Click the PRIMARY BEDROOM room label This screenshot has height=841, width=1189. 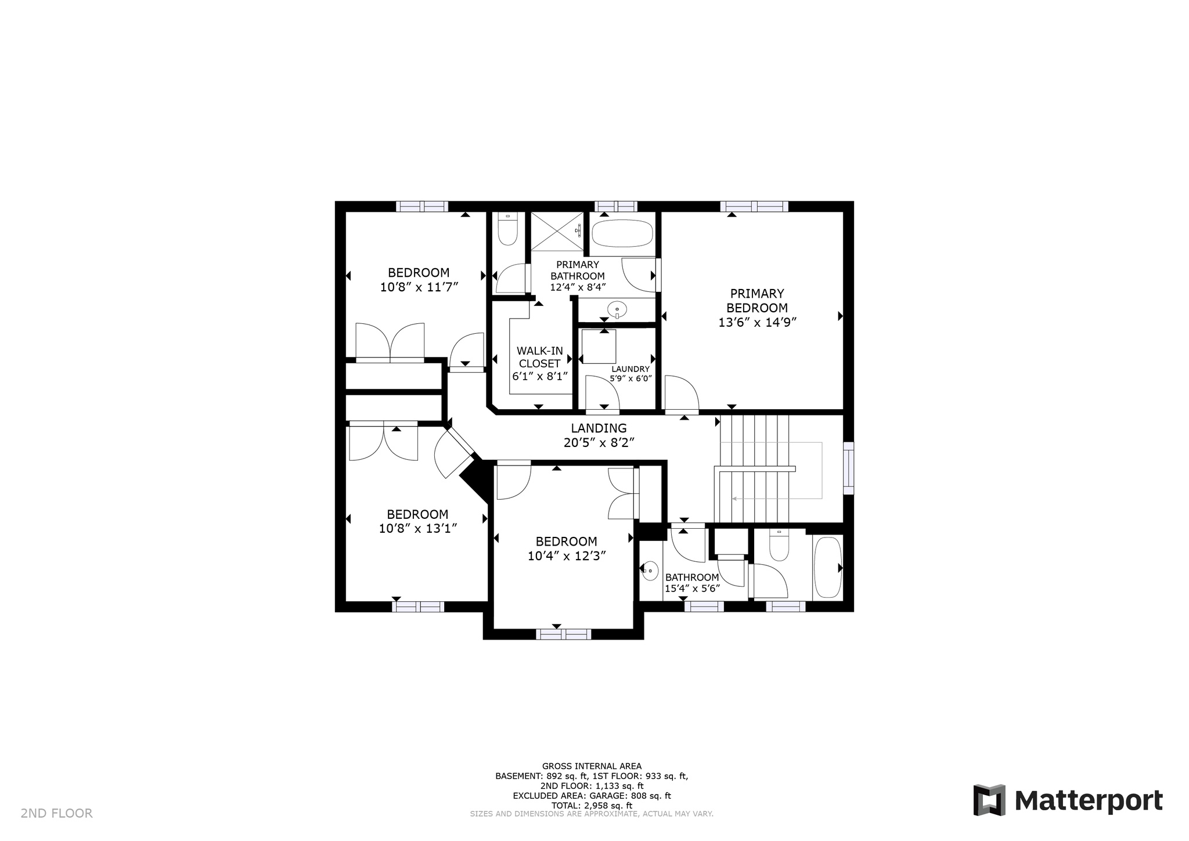(756, 301)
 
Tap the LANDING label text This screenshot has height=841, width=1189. (599, 428)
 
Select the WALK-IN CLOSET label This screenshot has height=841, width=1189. (540, 357)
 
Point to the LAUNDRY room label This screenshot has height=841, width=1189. (630, 369)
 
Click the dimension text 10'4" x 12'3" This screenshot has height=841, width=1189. (567, 556)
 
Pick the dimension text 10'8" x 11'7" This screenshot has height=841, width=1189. (419, 287)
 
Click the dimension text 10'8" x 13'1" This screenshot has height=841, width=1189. (418, 529)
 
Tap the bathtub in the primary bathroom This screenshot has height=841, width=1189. (622, 233)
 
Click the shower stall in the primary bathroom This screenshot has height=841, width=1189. (557, 232)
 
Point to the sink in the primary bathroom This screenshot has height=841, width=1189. (617, 308)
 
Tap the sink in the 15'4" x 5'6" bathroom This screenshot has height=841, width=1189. (650, 571)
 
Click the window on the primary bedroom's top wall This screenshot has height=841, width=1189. (754, 206)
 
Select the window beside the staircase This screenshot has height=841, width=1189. (848, 468)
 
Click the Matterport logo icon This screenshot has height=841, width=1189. (989, 800)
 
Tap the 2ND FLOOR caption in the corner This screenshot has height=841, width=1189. (57, 813)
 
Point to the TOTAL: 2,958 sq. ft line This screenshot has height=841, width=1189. (592, 806)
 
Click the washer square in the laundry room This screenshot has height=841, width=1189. (599, 346)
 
